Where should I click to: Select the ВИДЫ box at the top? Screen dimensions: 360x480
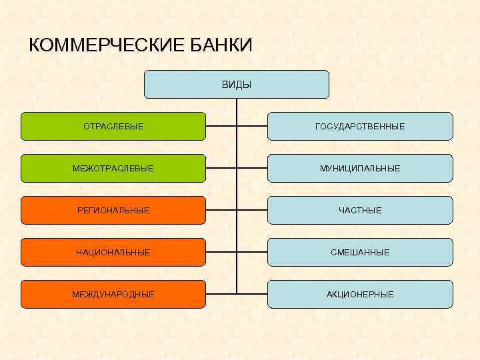pyautogui.click(x=237, y=85)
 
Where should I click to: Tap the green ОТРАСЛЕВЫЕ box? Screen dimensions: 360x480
pyautogui.click(x=113, y=126)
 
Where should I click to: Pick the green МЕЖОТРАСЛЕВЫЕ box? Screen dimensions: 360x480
pyautogui.click(x=113, y=168)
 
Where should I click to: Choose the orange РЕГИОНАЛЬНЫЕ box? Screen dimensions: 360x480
pyautogui.click(x=113, y=210)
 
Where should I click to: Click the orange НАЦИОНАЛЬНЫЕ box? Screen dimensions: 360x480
pyautogui.click(x=113, y=252)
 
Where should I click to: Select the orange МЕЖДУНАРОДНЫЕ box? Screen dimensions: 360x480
pyautogui.click(x=113, y=294)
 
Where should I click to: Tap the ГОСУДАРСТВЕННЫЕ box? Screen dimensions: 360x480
pyautogui.click(x=360, y=126)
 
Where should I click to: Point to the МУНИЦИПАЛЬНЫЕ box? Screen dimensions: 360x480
pyautogui.click(x=360, y=168)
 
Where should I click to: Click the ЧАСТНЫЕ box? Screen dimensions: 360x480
pyautogui.click(x=360, y=210)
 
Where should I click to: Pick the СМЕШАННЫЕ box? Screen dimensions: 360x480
pyautogui.click(x=360, y=252)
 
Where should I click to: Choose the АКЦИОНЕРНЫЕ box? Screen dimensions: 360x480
pyautogui.click(x=360, y=294)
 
